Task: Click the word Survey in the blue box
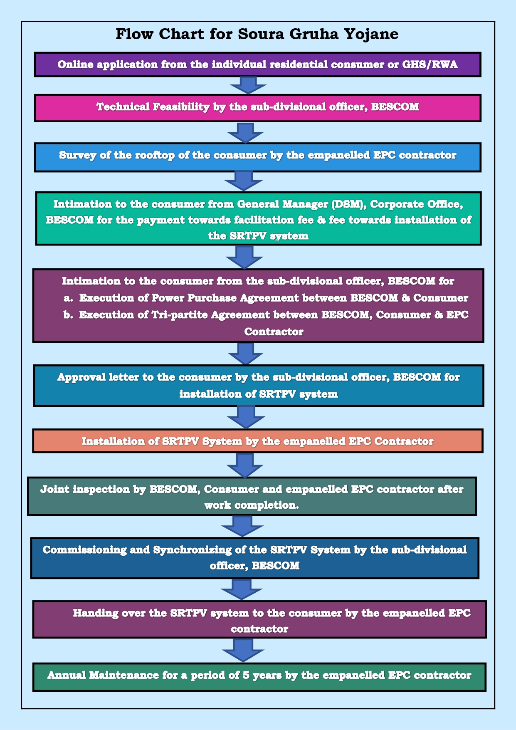pyautogui.click(x=76, y=155)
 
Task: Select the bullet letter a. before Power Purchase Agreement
pyautogui.click(x=69, y=298)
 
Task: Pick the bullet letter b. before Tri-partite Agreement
pyautogui.click(x=69, y=315)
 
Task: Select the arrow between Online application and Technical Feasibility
pyautogui.click(x=248, y=85)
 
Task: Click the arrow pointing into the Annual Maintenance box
pyautogui.click(x=243, y=650)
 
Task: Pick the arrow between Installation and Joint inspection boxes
pyautogui.click(x=245, y=465)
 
